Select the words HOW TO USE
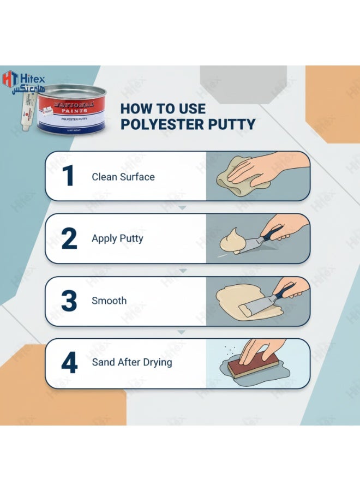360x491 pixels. click(160, 108)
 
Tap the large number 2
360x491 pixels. click(69, 238)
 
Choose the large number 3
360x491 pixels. click(69, 301)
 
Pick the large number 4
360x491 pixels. click(69, 363)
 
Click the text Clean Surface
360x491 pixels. click(123, 177)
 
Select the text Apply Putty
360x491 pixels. click(117, 238)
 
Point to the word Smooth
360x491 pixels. click(109, 301)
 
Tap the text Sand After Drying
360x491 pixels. click(131, 362)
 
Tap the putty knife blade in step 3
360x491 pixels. click(254, 307)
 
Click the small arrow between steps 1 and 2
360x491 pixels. click(183, 208)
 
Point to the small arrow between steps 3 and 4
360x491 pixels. click(183, 332)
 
